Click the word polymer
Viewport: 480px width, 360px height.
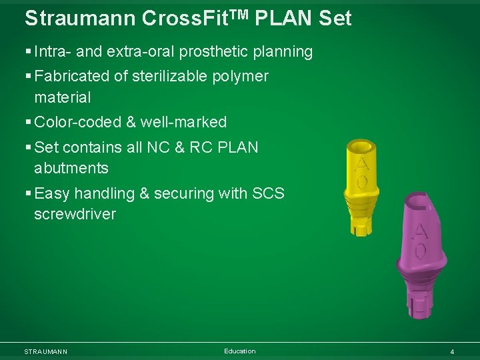point(241,76)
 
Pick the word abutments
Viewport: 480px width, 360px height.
point(71,167)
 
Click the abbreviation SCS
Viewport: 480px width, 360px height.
point(268,193)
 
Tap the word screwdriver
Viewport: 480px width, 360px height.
point(75,214)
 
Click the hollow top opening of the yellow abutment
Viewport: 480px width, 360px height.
point(363,145)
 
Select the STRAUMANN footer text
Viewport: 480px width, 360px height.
point(45,351)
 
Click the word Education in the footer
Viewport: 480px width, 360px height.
point(239,351)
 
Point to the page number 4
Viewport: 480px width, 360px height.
point(452,351)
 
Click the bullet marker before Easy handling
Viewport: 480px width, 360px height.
point(27,193)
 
